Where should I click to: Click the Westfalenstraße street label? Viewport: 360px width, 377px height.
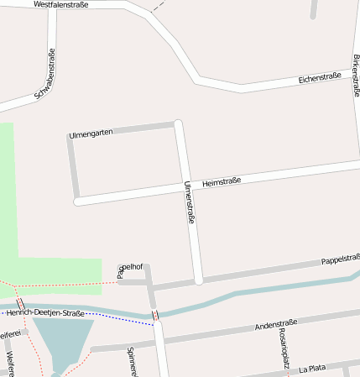click(x=67, y=5)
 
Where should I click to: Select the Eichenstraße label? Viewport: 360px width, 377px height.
click(x=319, y=78)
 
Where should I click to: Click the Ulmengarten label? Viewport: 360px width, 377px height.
click(x=91, y=134)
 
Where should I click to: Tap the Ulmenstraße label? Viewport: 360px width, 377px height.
click(x=190, y=202)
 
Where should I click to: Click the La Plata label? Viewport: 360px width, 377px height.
click(x=312, y=368)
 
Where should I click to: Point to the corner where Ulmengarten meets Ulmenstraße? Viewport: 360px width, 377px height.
click(x=177, y=125)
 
